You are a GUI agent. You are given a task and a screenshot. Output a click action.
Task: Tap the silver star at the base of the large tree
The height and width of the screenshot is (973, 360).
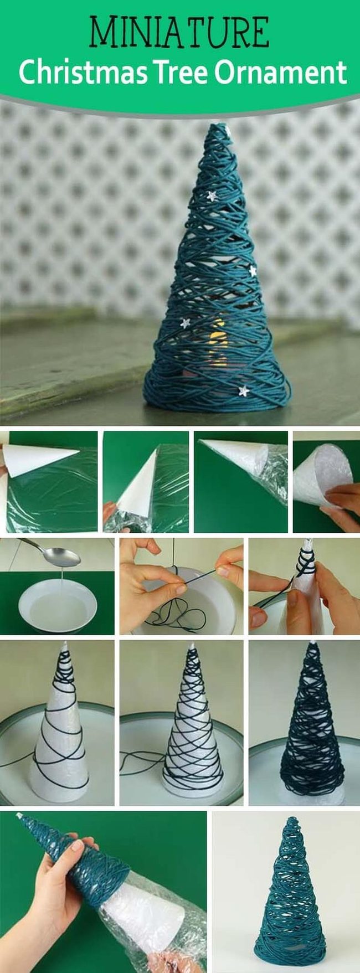pos(243,391)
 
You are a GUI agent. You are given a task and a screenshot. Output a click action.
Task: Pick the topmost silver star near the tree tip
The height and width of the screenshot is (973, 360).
pos(227,131)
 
